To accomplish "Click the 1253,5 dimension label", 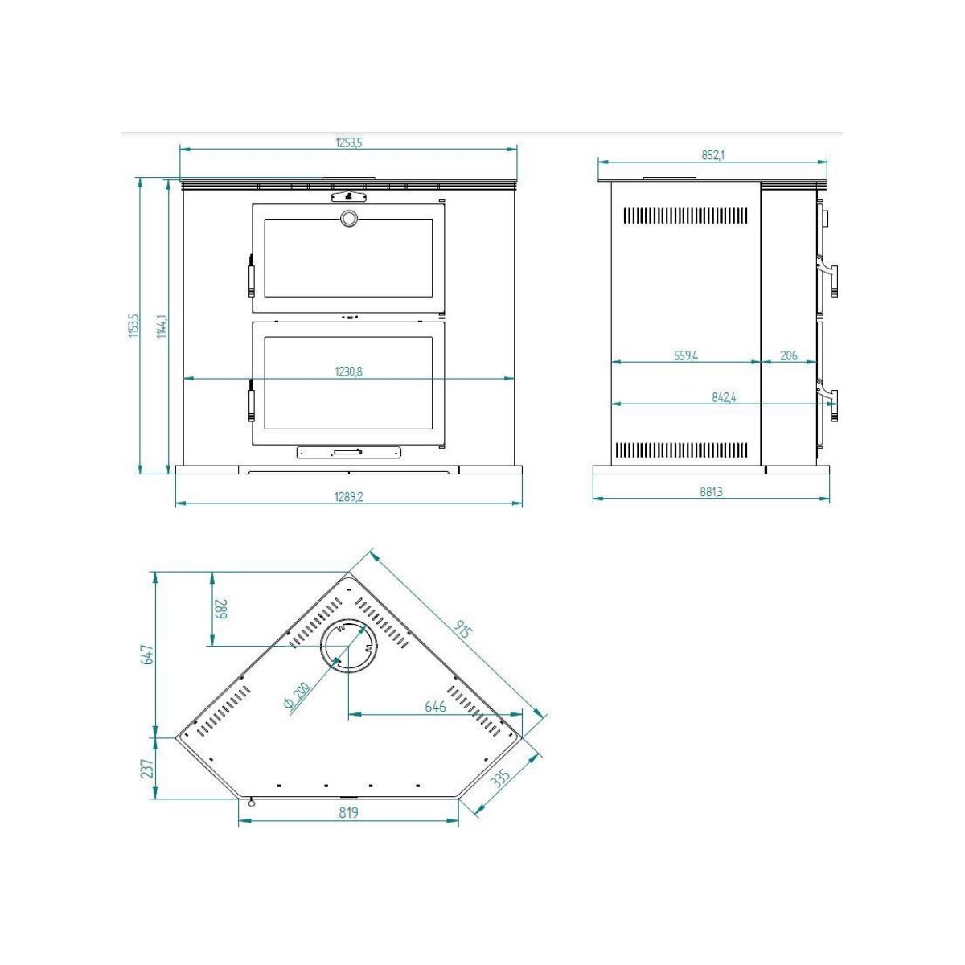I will click(349, 142).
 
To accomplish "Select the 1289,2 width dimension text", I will click(349, 497).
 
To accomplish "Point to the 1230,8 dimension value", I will click(349, 372).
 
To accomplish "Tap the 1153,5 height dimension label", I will click(134, 325).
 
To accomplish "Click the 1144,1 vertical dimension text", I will click(162, 325).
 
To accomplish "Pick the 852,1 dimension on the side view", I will click(712, 155).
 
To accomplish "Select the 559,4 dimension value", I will click(685, 355).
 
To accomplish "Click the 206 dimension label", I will click(789, 355).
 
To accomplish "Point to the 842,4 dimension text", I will click(724, 397).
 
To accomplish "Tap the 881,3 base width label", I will click(711, 492).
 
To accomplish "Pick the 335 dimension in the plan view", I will click(500, 780).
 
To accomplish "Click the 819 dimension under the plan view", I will click(348, 813).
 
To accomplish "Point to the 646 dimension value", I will click(435, 707).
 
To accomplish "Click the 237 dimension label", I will click(146, 769).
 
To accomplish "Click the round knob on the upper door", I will click(349, 218).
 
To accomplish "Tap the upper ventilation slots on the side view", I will click(685, 216).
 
